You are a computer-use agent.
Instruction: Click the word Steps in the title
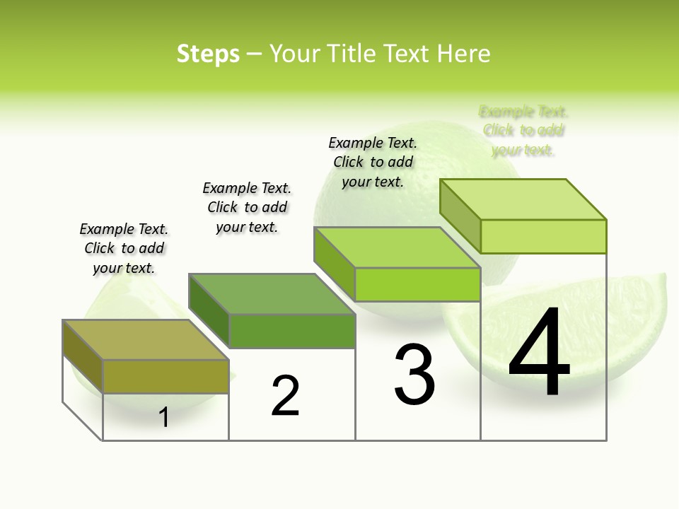pos(208,54)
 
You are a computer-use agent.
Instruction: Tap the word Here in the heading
pos(464,54)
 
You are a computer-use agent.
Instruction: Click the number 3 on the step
pos(414,375)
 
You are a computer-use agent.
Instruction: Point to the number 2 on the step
pos(286,396)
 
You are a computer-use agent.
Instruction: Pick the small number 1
pos(164,417)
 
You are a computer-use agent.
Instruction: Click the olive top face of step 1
pos(145,340)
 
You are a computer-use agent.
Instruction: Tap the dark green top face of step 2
pos(271,293)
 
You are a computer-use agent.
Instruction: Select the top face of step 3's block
pos(396,247)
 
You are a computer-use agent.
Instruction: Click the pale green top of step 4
pos(522,199)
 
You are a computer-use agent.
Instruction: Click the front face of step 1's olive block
pos(166,376)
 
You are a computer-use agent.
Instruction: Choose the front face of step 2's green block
pos(291,331)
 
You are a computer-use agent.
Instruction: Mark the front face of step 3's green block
pos(417,284)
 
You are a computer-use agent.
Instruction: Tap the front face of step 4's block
pos(543,236)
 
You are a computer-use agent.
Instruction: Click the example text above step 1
pos(124,248)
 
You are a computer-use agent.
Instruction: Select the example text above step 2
pos(247,207)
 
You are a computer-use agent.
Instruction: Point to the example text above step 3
pos(373,162)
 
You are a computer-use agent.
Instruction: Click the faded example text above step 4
pos(523,131)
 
